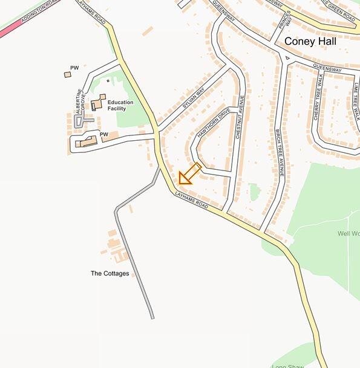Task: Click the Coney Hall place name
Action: click(310, 42)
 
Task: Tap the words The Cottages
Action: click(110, 274)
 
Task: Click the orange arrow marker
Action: click(188, 175)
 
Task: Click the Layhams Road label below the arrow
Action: click(191, 202)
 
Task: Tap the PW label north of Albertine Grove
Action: click(74, 67)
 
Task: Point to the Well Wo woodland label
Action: click(348, 233)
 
